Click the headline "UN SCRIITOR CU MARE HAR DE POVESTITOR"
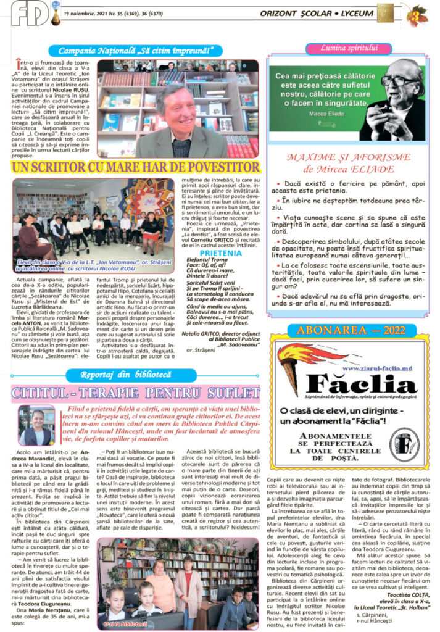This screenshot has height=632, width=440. tap(135, 167)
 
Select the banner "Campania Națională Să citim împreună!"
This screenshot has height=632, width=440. tap(136, 51)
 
